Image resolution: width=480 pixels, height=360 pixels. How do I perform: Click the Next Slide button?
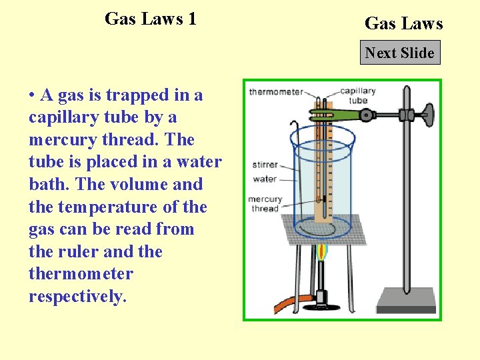pos(400,53)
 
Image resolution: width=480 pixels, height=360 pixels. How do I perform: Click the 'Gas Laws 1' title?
pos(151,19)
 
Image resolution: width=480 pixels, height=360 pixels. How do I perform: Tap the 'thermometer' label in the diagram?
pos(275,92)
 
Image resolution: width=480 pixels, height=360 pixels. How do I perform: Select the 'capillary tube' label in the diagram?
pos(358,95)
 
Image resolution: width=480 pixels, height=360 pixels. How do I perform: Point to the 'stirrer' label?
pos(265,165)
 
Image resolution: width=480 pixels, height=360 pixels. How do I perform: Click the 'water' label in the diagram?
pos(265,179)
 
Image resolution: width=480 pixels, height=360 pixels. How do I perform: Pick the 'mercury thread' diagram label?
pos(264,203)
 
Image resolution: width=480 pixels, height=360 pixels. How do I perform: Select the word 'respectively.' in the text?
pos(77,296)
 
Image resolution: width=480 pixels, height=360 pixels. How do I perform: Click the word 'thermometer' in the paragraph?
pos(81,274)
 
